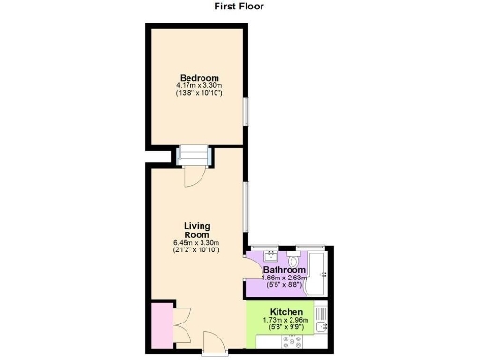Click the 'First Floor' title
click(239, 6)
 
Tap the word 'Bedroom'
click(199, 77)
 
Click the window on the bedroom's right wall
click(247, 111)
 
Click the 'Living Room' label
click(196, 231)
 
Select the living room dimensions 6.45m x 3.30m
click(196, 244)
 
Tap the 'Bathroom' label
click(284, 270)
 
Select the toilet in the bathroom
click(294, 255)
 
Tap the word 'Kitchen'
click(286, 311)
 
